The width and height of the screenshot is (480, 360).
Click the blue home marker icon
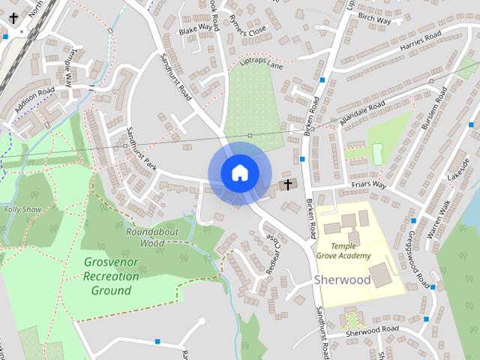pos(239,173)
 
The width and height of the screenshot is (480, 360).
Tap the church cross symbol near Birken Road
pos(286,184)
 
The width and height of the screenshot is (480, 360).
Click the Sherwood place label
pos(342,280)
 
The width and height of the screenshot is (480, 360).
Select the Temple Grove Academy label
pos(345,250)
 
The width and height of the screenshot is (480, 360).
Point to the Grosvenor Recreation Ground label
pos(112,276)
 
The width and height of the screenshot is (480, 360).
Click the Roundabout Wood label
pos(145,237)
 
